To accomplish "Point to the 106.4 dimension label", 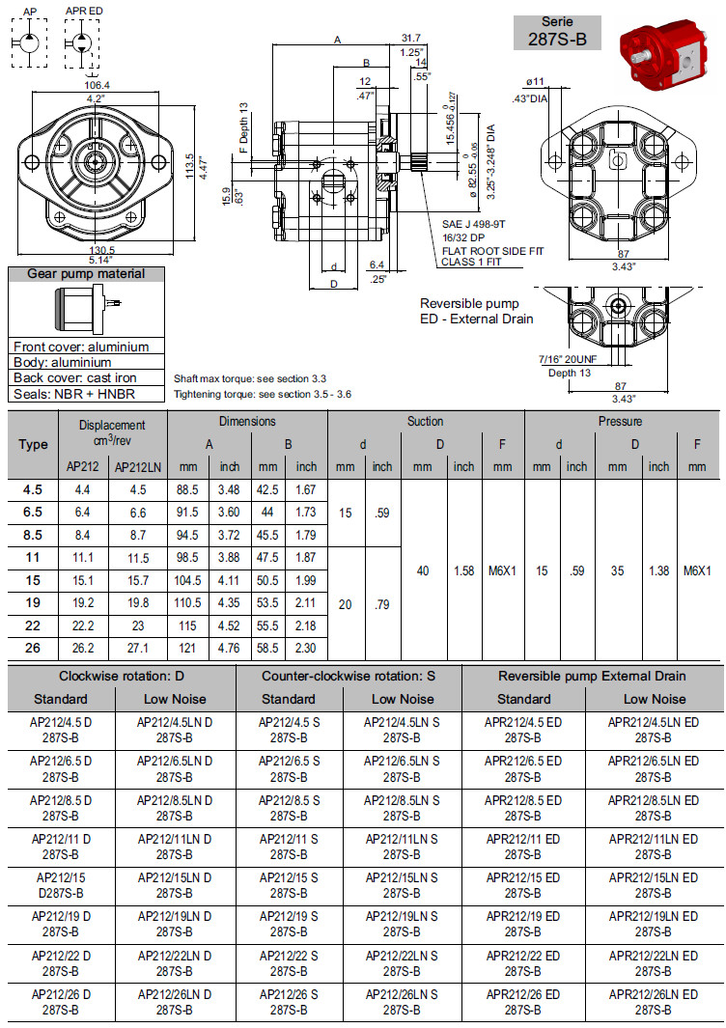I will click(x=97, y=85).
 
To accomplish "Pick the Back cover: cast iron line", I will click(x=75, y=378).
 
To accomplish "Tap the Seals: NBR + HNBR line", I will click(x=74, y=394).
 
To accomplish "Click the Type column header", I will click(x=33, y=445).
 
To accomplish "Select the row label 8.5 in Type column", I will click(x=33, y=535).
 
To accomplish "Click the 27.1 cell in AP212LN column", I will click(x=138, y=647).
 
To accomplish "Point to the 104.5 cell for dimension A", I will click(x=188, y=580).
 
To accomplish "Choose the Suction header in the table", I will click(x=425, y=422).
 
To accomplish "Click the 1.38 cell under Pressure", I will click(x=658, y=570).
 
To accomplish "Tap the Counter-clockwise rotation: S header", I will click(x=349, y=676).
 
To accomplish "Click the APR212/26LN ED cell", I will click(x=654, y=1001).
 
